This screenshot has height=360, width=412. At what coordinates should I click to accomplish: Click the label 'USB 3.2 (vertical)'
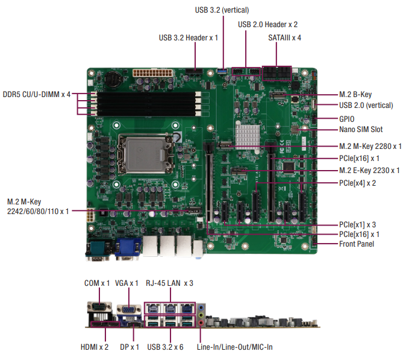(222, 10)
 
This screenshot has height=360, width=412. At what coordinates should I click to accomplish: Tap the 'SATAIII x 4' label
(285, 37)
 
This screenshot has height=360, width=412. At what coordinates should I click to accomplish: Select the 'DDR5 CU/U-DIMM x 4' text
(37, 95)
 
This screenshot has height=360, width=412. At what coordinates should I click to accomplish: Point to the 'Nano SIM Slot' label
(361, 129)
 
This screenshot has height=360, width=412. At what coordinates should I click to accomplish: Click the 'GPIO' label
(347, 119)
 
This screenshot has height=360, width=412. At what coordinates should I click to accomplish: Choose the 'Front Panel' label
(357, 244)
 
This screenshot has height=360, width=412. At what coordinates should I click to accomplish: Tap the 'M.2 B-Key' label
(355, 95)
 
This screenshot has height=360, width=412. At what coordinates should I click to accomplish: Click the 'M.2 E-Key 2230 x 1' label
(369, 171)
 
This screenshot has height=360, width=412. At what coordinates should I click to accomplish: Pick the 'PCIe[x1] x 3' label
(358, 224)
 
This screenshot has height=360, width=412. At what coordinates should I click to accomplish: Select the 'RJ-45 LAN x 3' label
(169, 283)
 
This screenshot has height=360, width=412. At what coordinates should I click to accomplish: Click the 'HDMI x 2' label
(95, 347)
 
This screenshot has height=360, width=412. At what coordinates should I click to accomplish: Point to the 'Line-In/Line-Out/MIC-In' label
(236, 347)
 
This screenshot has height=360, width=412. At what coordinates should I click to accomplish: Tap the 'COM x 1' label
(96, 283)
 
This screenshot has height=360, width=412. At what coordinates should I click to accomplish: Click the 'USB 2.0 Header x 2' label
(267, 25)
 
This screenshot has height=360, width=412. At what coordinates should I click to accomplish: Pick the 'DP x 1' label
(130, 347)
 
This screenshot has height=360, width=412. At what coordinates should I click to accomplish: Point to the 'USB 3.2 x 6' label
(165, 347)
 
